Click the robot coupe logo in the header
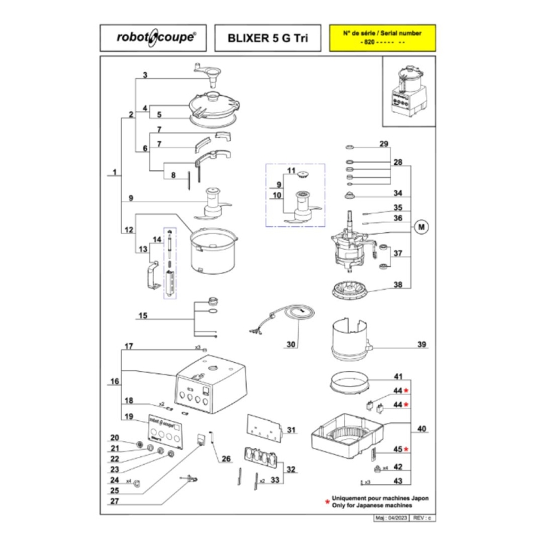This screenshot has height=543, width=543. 153,38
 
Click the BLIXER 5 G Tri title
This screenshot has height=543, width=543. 265,39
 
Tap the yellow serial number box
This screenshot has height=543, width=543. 381,37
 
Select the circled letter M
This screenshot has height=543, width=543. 422,227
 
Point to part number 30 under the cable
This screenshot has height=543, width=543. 291,345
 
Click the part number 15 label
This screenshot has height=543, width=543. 143,316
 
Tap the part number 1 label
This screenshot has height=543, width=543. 114,173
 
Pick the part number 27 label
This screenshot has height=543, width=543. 115,501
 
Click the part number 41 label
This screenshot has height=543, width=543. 399,376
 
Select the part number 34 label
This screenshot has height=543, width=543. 399,193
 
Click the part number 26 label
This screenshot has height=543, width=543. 226,460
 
